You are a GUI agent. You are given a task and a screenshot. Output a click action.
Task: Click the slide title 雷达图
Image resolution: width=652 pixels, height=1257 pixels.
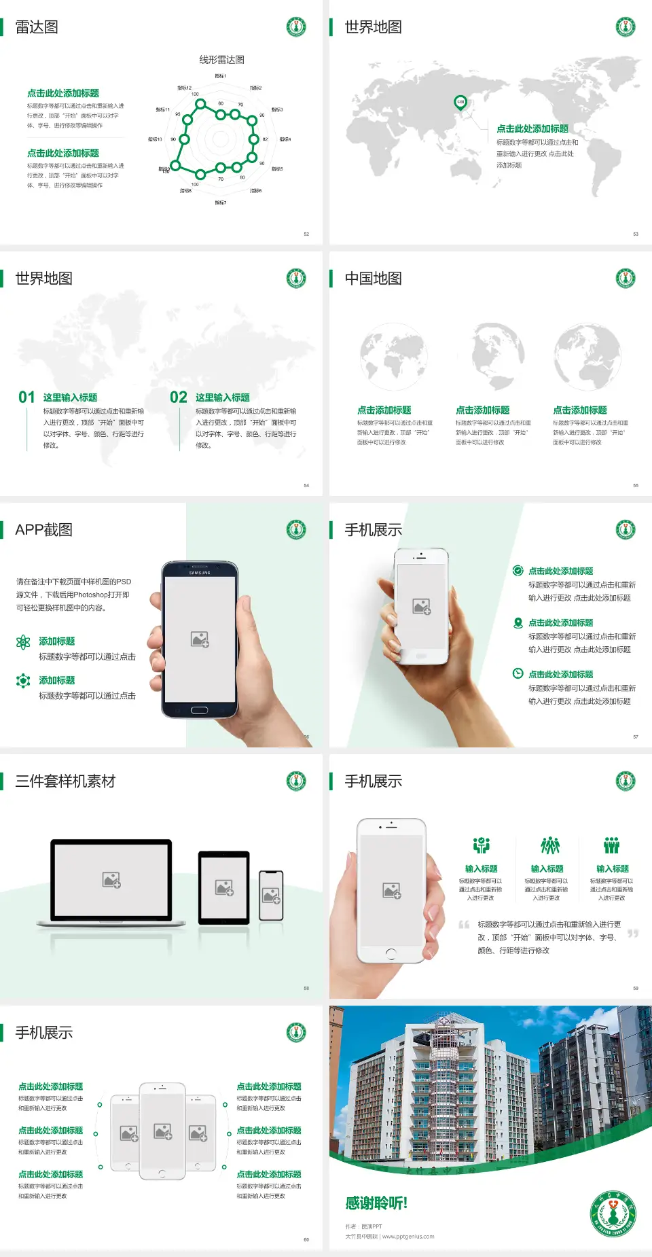(37, 27)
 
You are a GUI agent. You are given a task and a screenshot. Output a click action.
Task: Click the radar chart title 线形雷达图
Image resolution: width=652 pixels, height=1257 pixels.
(221, 60)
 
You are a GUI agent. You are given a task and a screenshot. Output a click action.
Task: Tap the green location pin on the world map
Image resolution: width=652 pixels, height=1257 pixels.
(460, 103)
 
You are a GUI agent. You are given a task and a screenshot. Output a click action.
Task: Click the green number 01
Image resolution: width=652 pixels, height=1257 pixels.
(26, 397)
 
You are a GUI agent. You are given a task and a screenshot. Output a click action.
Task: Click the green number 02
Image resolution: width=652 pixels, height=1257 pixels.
(179, 397)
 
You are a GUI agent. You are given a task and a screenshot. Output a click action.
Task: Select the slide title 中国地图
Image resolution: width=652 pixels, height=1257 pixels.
(373, 279)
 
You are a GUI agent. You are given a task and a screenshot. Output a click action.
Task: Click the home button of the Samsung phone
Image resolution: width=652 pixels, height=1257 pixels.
(199, 710)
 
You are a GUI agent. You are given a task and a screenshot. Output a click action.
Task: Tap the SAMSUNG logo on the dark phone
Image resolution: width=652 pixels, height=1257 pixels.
(200, 573)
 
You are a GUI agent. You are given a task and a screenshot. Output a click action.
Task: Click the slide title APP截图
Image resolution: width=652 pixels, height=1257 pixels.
(43, 530)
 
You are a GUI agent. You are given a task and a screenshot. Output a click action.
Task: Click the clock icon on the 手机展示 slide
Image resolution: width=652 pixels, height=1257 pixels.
(518, 673)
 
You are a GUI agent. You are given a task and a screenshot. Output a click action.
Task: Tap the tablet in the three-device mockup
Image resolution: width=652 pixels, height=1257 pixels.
(224, 887)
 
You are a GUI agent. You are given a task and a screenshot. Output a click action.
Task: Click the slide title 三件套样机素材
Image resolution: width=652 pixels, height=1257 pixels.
(65, 781)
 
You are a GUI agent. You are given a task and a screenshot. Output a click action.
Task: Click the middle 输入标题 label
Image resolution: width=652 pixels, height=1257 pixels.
(547, 869)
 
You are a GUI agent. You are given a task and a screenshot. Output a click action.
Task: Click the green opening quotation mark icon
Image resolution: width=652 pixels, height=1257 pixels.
(464, 925)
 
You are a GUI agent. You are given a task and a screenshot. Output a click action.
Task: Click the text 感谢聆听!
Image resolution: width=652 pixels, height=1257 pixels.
(376, 1203)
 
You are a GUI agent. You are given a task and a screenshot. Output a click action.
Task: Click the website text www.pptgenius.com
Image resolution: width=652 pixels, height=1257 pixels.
(408, 1237)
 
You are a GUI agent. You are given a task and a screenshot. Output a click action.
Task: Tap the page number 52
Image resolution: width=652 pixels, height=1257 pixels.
(306, 234)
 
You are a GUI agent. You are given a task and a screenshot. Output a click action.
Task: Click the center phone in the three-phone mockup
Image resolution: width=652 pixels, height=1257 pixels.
(162, 1131)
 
